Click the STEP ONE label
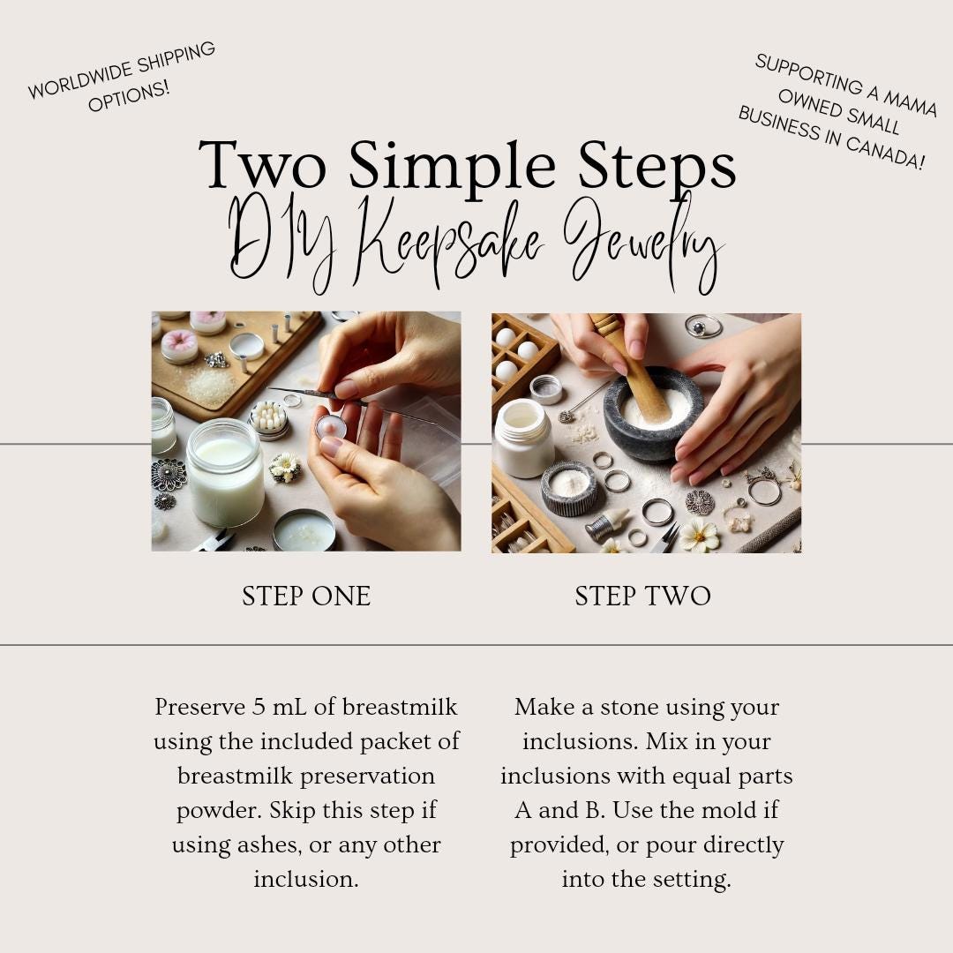[x=306, y=597]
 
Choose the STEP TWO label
[x=643, y=597]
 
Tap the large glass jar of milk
[x=225, y=473]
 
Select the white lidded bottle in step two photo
[x=523, y=438]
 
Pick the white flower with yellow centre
[x=700, y=536]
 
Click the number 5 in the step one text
[x=259, y=708]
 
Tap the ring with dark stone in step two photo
[x=704, y=326]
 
